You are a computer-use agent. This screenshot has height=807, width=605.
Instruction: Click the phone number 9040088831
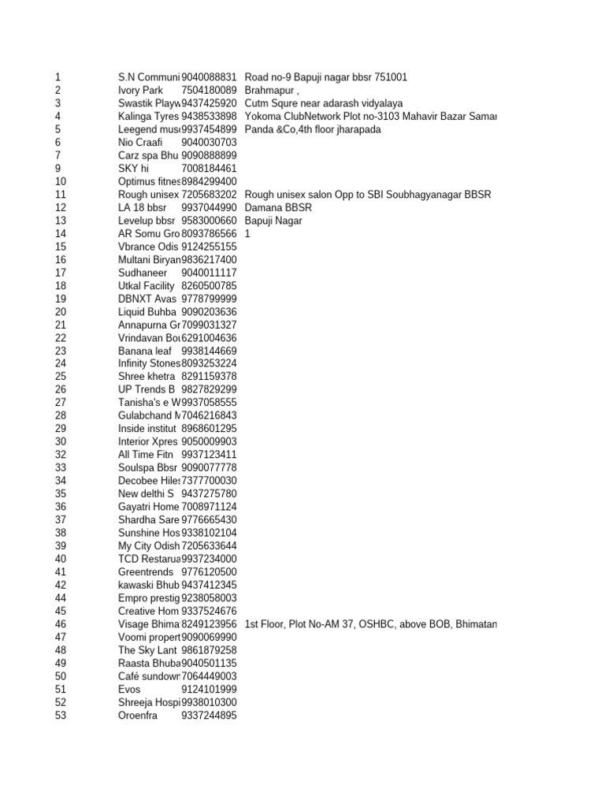tap(209, 77)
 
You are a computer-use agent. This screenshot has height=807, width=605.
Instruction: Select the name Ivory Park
tap(140, 91)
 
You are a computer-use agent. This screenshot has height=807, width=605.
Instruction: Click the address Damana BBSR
tap(278, 207)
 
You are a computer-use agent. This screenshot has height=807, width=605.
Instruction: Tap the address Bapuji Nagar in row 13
tap(273, 221)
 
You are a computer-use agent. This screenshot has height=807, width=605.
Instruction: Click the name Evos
tap(129, 689)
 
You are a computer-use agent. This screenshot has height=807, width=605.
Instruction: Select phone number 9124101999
tap(209, 689)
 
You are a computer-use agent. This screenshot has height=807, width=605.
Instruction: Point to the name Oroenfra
tap(138, 715)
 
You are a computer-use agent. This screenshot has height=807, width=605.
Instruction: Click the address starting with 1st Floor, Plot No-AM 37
tap(370, 624)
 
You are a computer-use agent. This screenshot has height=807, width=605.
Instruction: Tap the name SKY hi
tap(133, 169)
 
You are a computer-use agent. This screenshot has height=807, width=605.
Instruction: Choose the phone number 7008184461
tap(209, 169)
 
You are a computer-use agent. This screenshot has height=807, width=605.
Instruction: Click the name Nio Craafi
tap(140, 143)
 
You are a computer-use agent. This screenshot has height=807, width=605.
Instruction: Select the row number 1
tap(58, 77)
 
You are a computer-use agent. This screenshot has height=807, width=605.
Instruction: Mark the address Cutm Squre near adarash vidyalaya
tap(324, 103)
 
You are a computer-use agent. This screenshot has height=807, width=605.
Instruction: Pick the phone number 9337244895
tap(209, 715)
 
